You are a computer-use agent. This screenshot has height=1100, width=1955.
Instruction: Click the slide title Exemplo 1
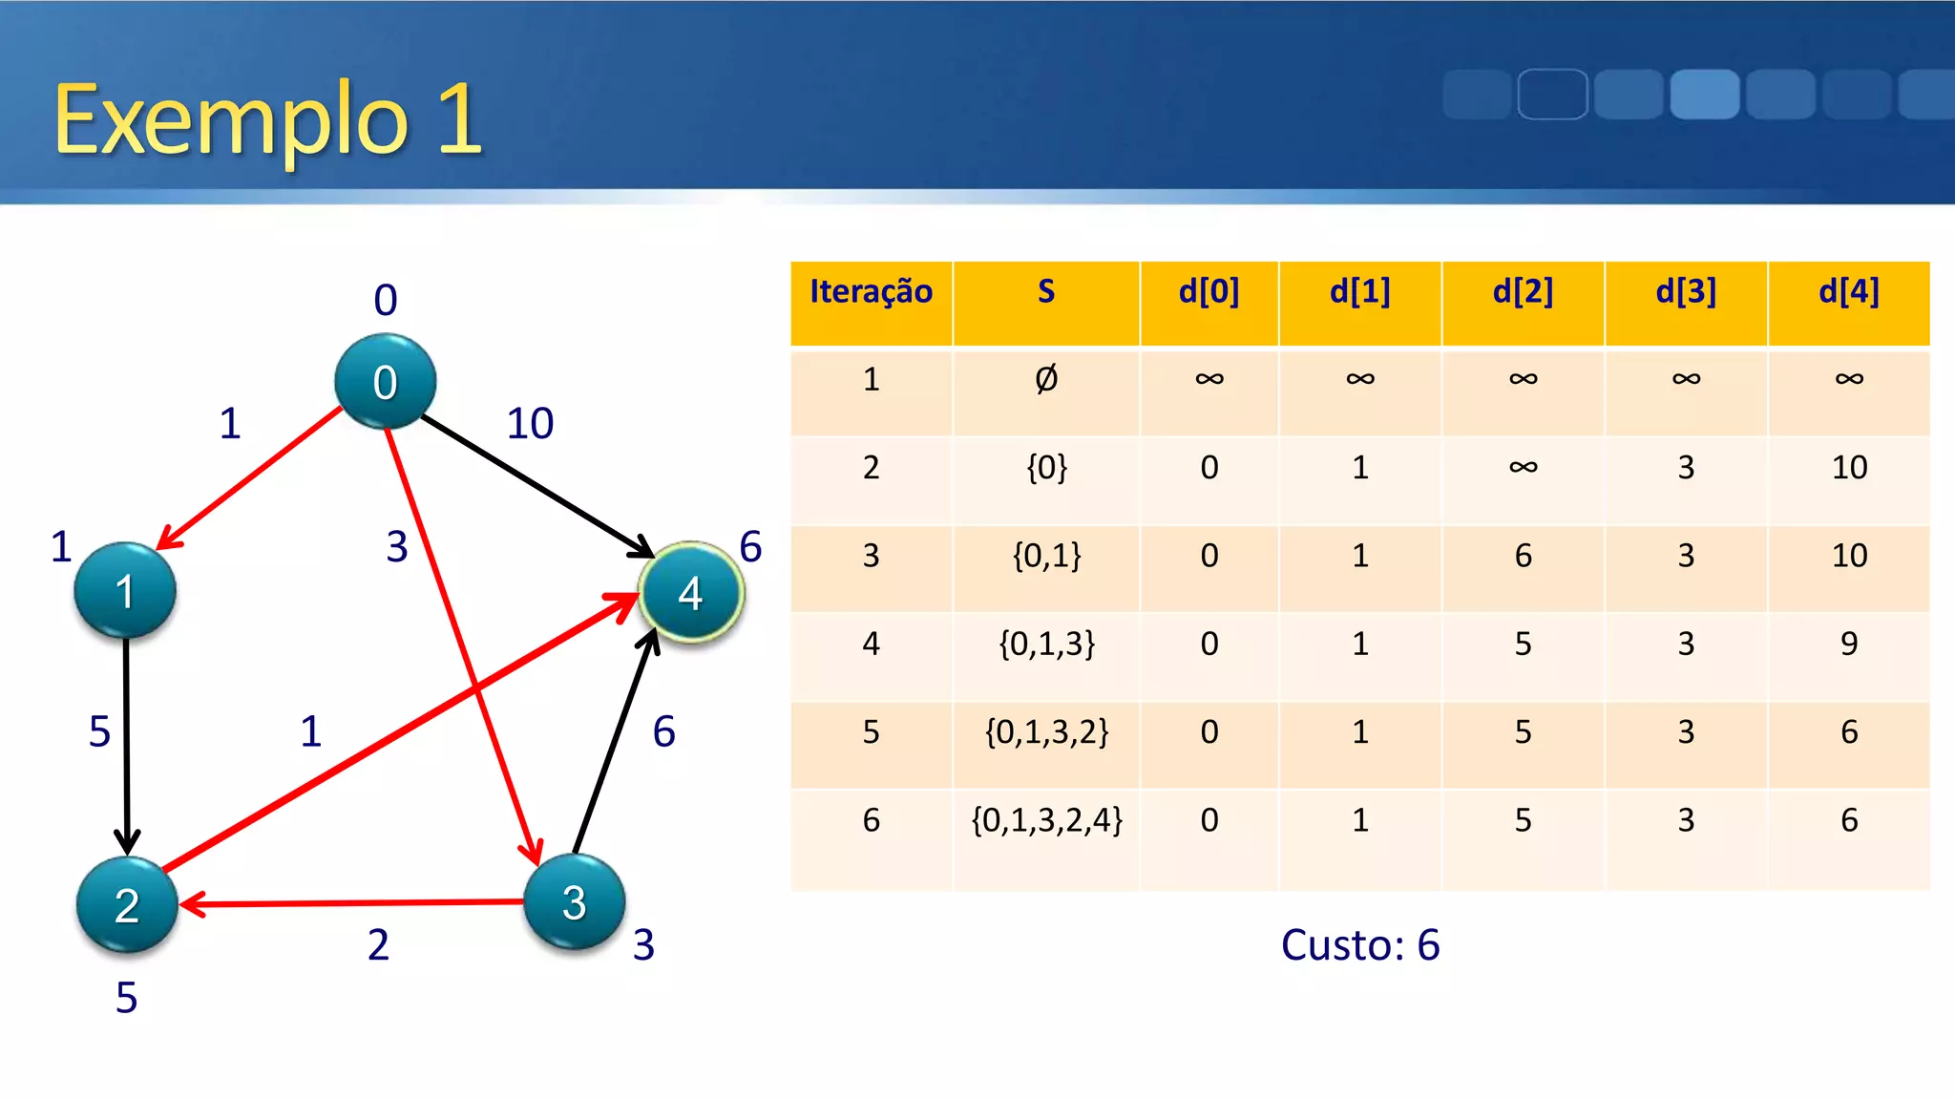(267, 118)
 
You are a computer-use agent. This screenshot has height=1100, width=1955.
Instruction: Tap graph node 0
(385, 381)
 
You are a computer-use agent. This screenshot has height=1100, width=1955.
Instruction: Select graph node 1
(125, 591)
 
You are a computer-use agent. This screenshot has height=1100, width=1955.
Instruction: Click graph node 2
(127, 904)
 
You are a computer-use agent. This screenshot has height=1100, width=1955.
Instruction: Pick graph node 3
(575, 901)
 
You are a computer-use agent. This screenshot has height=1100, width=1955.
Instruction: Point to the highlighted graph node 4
(691, 593)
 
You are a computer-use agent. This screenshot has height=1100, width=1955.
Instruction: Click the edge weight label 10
(530, 423)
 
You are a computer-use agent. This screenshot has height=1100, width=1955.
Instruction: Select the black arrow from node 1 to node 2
(126, 745)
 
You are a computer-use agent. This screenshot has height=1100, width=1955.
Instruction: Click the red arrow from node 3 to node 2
(353, 902)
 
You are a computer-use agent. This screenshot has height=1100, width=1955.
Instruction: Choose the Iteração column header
(871, 292)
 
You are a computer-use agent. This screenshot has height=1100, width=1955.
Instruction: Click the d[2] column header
(1523, 292)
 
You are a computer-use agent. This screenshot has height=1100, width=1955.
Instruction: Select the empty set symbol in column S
(1046, 379)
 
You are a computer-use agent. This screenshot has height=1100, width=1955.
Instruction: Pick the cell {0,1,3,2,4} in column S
(1046, 820)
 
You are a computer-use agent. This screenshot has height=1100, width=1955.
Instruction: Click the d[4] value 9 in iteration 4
(1849, 644)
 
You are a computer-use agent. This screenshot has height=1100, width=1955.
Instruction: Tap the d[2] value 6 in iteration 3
(1523, 556)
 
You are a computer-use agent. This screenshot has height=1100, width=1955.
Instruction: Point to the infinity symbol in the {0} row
(1523, 468)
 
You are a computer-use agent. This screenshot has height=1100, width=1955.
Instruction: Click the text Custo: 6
(1359, 944)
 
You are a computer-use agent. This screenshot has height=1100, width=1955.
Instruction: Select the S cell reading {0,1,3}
(1046, 644)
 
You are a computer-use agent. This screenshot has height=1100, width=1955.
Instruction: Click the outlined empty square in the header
(1552, 95)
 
